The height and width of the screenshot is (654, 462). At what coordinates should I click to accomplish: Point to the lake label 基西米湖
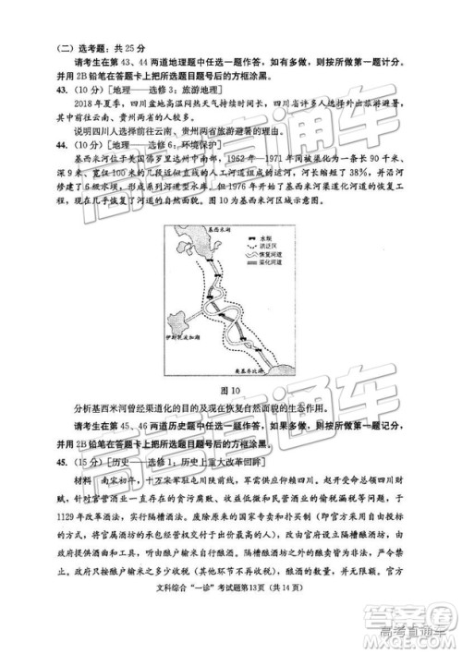point(197,227)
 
